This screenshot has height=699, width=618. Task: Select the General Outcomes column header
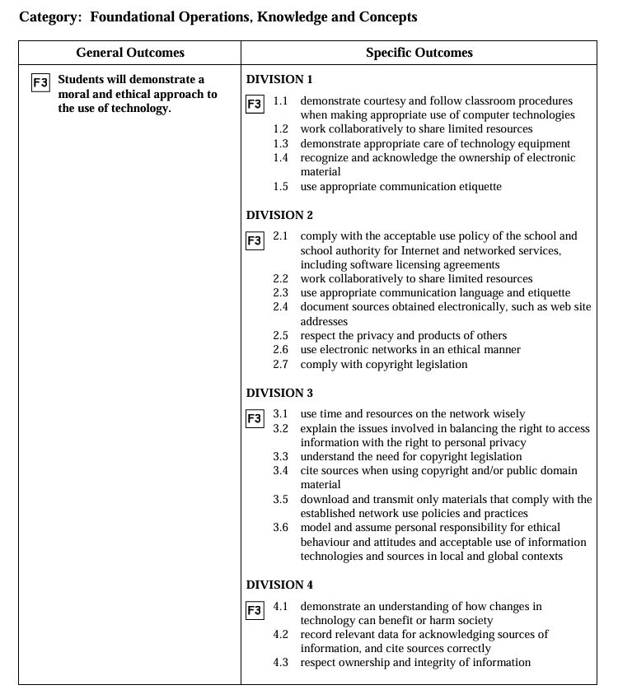130,53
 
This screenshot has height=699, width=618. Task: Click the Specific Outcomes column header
419,53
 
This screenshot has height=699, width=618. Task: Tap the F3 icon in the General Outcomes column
40,82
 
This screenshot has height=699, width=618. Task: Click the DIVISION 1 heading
279,80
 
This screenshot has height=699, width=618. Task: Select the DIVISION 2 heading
279,216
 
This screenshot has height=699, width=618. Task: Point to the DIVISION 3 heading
279,394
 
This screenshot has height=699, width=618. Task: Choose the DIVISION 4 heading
279,585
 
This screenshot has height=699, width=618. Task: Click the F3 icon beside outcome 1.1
255,105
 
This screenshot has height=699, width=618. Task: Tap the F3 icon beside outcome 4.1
255,611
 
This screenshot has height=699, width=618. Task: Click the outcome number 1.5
281,187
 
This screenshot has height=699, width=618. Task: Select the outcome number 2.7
281,365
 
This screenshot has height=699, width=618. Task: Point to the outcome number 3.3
281,457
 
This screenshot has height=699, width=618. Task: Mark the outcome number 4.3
281,663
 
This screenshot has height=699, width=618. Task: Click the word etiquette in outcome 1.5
475,187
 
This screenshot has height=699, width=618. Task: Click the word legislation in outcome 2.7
439,365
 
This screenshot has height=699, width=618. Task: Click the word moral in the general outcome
73,95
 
